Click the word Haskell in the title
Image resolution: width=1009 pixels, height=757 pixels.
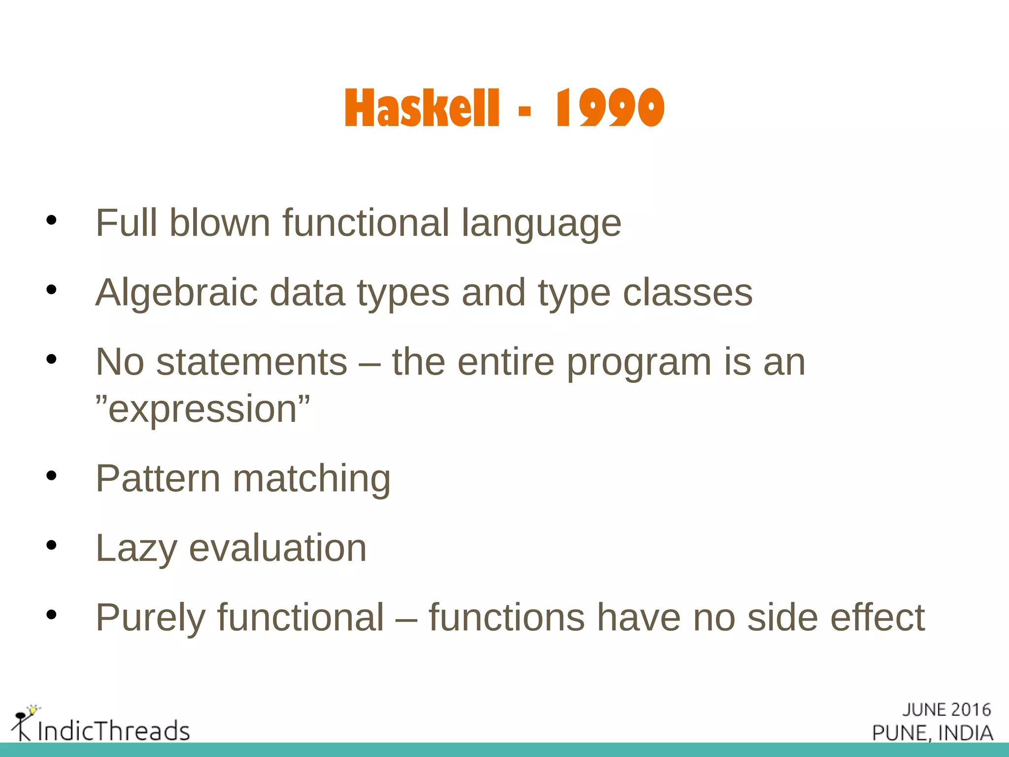[x=422, y=108]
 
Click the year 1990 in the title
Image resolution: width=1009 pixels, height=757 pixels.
[x=610, y=108]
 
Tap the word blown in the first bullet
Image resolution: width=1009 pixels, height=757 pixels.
[x=220, y=223]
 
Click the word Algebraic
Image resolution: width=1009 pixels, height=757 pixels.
[x=176, y=293]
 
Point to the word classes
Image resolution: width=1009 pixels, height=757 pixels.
[x=687, y=293]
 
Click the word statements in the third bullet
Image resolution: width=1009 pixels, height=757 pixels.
[x=252, y=362]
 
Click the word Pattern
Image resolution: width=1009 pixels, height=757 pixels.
[x=158, y=478]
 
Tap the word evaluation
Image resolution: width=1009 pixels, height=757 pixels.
[x=278, y=548]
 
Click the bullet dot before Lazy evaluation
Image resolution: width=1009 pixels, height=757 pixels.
[x=51, y=546]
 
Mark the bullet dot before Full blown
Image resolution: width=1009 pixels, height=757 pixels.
[x=51, y=220]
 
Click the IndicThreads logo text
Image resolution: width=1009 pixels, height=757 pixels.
[x=113, y=731]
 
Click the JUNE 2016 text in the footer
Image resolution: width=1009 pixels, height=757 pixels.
[x=946, y=710]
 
